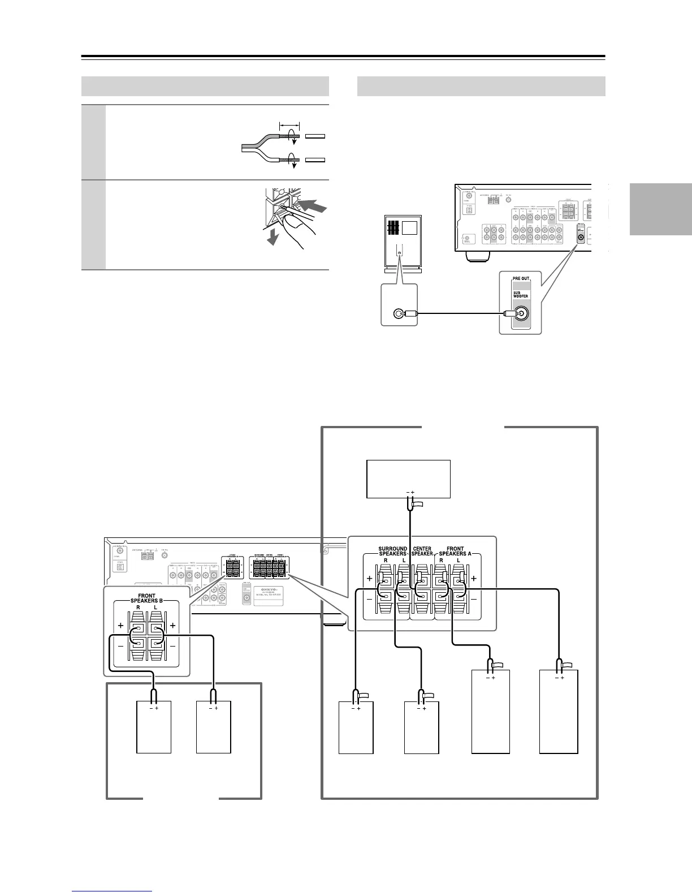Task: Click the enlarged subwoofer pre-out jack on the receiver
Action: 521,314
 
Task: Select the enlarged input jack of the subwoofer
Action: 399,313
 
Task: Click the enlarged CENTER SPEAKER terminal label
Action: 422,550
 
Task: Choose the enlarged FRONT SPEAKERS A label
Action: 455,550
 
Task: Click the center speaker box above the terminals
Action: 408,478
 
